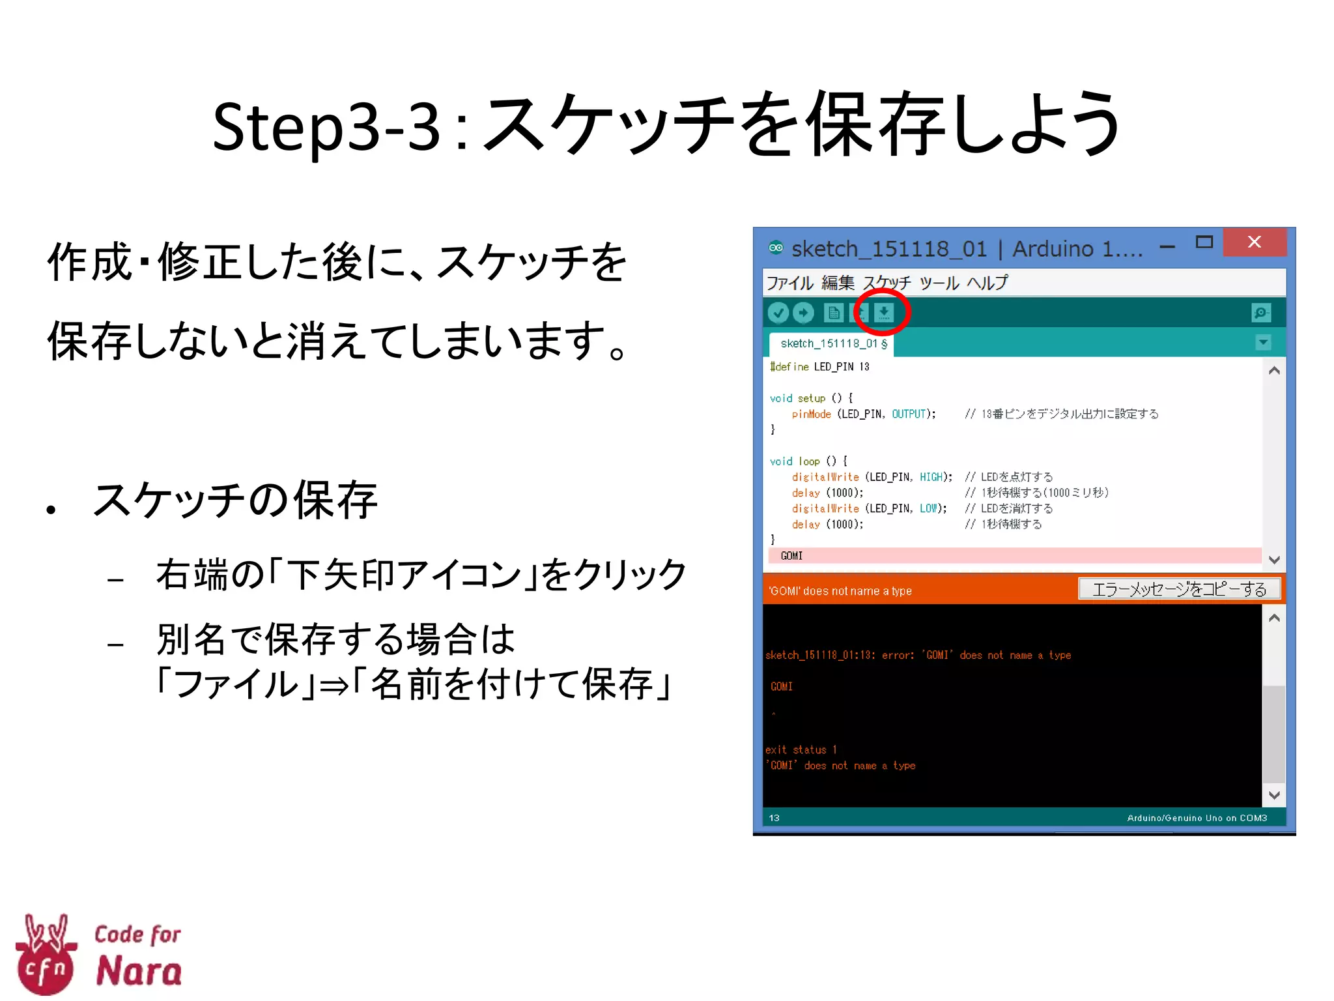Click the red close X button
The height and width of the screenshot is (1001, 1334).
point(1254,242)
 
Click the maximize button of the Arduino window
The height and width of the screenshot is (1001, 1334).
point(1204,242)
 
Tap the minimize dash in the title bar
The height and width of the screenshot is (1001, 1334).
point(1167,247)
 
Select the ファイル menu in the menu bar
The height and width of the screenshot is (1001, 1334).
point(789,283)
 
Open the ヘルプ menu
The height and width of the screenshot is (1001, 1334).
point(987,283)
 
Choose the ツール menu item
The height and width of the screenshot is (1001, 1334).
point(939,283)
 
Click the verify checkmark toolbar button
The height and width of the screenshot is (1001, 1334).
point(778,313)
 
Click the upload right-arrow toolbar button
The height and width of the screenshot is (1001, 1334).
point(804,313)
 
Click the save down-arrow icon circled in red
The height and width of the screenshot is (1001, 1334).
point(883,313)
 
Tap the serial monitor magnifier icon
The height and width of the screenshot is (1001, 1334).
point(1262,313)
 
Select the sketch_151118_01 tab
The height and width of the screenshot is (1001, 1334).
point(832,343)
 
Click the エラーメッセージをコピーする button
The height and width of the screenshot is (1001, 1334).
point(1179,589)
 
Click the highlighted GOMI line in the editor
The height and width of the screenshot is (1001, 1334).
point(792,556)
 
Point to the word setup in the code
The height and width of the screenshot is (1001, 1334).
point(811,398)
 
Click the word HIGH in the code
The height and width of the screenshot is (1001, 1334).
point(931,477)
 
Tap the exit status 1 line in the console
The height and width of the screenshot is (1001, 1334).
point(801,750)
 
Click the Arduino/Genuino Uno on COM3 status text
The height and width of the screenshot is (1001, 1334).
point(1197,818)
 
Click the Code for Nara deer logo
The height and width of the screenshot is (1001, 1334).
point(46,955)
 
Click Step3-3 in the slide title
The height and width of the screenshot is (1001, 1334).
point(326,127)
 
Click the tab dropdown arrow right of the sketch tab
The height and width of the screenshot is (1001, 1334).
point(1263,343)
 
